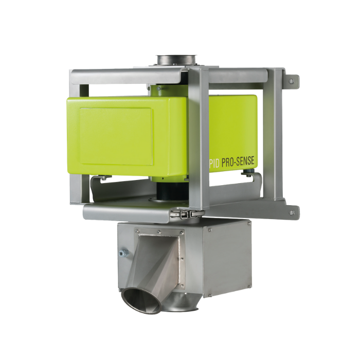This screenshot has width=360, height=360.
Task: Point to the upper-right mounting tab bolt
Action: click(292, 80)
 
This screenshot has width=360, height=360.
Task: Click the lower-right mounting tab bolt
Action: click(292, 211)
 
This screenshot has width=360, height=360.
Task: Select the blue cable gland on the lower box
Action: click(123, 253)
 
